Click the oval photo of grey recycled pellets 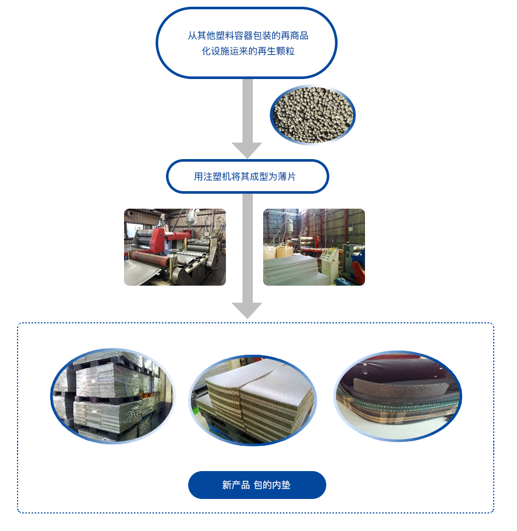[313, 115]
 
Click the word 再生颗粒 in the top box [278, 51]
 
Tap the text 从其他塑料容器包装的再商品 [248, 36]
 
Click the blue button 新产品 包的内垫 [257, 485]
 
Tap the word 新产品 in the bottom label [236, 485]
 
